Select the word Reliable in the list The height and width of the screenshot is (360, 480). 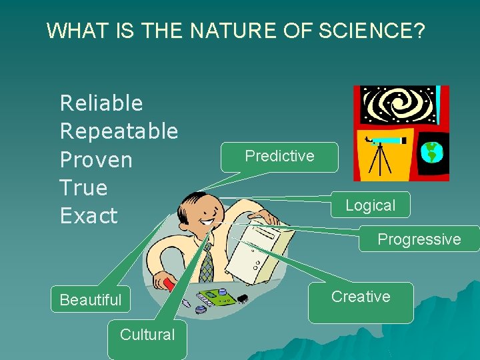pyautogui.click(x=101, y=103)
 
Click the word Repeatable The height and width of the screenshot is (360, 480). pyautogui.click(x=119, y=131)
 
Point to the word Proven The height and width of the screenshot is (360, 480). pyautogui.click(x=96, y=160)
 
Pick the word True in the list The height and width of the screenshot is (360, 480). pyautogui.click(x=83, y=188)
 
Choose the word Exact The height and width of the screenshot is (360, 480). pyautogui.click(x=89, y=216)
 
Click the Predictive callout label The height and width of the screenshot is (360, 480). pyautogui.click(x=279, y=156)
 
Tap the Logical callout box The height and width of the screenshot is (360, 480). pyautogui.click(x=370, y=205)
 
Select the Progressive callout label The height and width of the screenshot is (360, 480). pyautogui.click(x=419, y=239)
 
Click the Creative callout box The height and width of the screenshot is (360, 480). pyautogui.click(x=361, y=297)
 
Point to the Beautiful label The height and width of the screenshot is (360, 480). pyautogui.click(x=91, y=300)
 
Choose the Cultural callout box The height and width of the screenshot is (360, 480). pyautogui.click(x=147, y=335)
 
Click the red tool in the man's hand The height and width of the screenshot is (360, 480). pyautogui.click(x=170, y=285)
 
